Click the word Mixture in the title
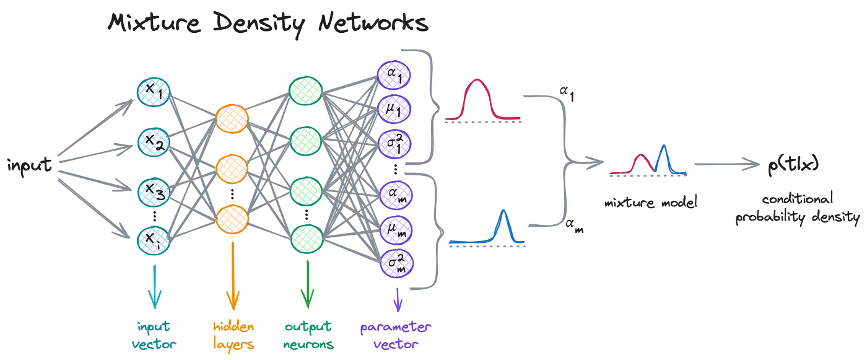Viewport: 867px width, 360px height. pos(154,22)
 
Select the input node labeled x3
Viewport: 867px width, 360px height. pos(154,192)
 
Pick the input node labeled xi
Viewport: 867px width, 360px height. pos(154,241)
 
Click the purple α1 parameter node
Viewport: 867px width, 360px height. pos(394,75)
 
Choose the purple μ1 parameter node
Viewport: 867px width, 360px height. pos(394,109)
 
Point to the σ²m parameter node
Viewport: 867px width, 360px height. pos(397,263)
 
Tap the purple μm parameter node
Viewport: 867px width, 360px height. pos(396,230)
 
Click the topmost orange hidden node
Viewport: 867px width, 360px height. pos(232,119)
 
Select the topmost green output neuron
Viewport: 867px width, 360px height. pos(305,91)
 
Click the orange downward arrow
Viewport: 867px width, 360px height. pos(233,276)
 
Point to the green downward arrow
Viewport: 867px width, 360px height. pos(308,284)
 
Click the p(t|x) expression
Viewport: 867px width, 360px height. pos(793,165)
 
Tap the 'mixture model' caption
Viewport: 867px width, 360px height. pos(651,203)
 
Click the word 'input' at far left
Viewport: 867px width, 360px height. pos(30,165)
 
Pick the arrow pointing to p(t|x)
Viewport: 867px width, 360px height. pos(727,164)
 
